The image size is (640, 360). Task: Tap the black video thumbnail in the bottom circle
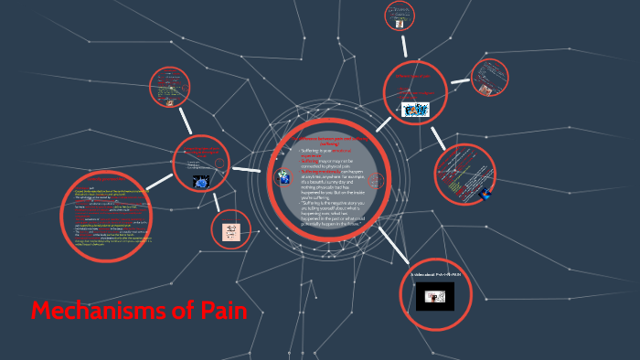435,296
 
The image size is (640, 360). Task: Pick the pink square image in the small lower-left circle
230,229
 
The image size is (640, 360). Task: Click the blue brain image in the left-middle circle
202,181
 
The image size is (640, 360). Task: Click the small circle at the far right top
489,79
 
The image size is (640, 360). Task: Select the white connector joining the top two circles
406,47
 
